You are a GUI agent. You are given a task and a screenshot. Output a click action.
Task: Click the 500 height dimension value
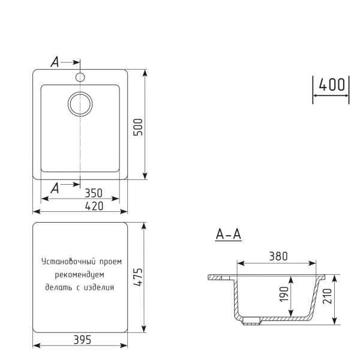click(x=137, y=127)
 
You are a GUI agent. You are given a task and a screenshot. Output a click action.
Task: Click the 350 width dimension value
click(x=94, y=193)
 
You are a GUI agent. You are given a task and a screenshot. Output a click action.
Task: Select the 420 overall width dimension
click(x=94, y=205)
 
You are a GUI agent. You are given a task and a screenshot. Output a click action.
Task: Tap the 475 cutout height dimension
click(x=137, y=277)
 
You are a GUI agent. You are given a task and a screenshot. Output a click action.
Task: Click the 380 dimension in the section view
click(x=277, y=256)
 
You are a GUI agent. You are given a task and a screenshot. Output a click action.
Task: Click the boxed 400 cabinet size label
click(x=330, y=85)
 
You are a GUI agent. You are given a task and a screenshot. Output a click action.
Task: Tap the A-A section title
click(x=228, y=235)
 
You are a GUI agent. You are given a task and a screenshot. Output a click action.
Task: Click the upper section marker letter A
click(x=54, y=62)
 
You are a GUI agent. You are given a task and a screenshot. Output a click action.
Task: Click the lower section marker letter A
click(x=54, y=187)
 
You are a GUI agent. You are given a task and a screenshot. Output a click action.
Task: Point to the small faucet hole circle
click(x=80, y=77)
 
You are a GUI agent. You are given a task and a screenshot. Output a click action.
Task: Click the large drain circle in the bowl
click(x=80, y=104)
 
